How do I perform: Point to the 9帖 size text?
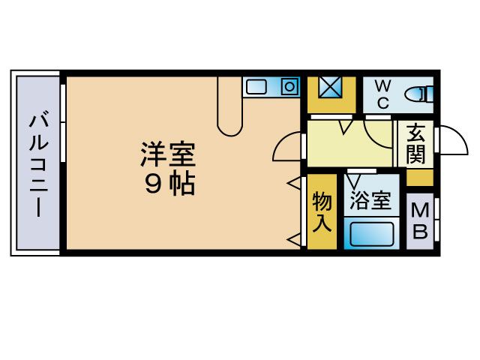tap(169, 184)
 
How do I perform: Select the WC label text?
tap(382, 94)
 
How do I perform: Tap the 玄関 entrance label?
tap(417, 145)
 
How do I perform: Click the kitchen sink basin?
tap(257, 87)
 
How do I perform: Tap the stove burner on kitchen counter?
tap(289, 87)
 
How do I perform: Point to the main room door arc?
tap(285, 146)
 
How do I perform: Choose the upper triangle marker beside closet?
tap(293, 183)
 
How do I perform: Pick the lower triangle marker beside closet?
tap(293, 239)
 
